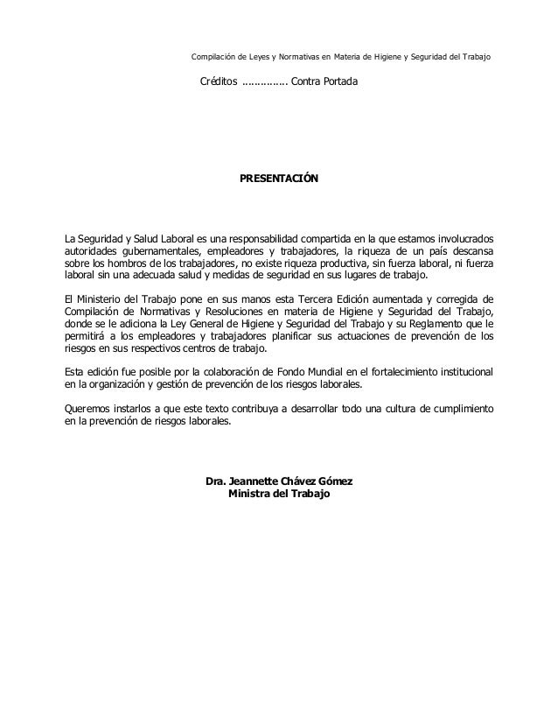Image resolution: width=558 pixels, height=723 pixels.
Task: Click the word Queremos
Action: [91, 408]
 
